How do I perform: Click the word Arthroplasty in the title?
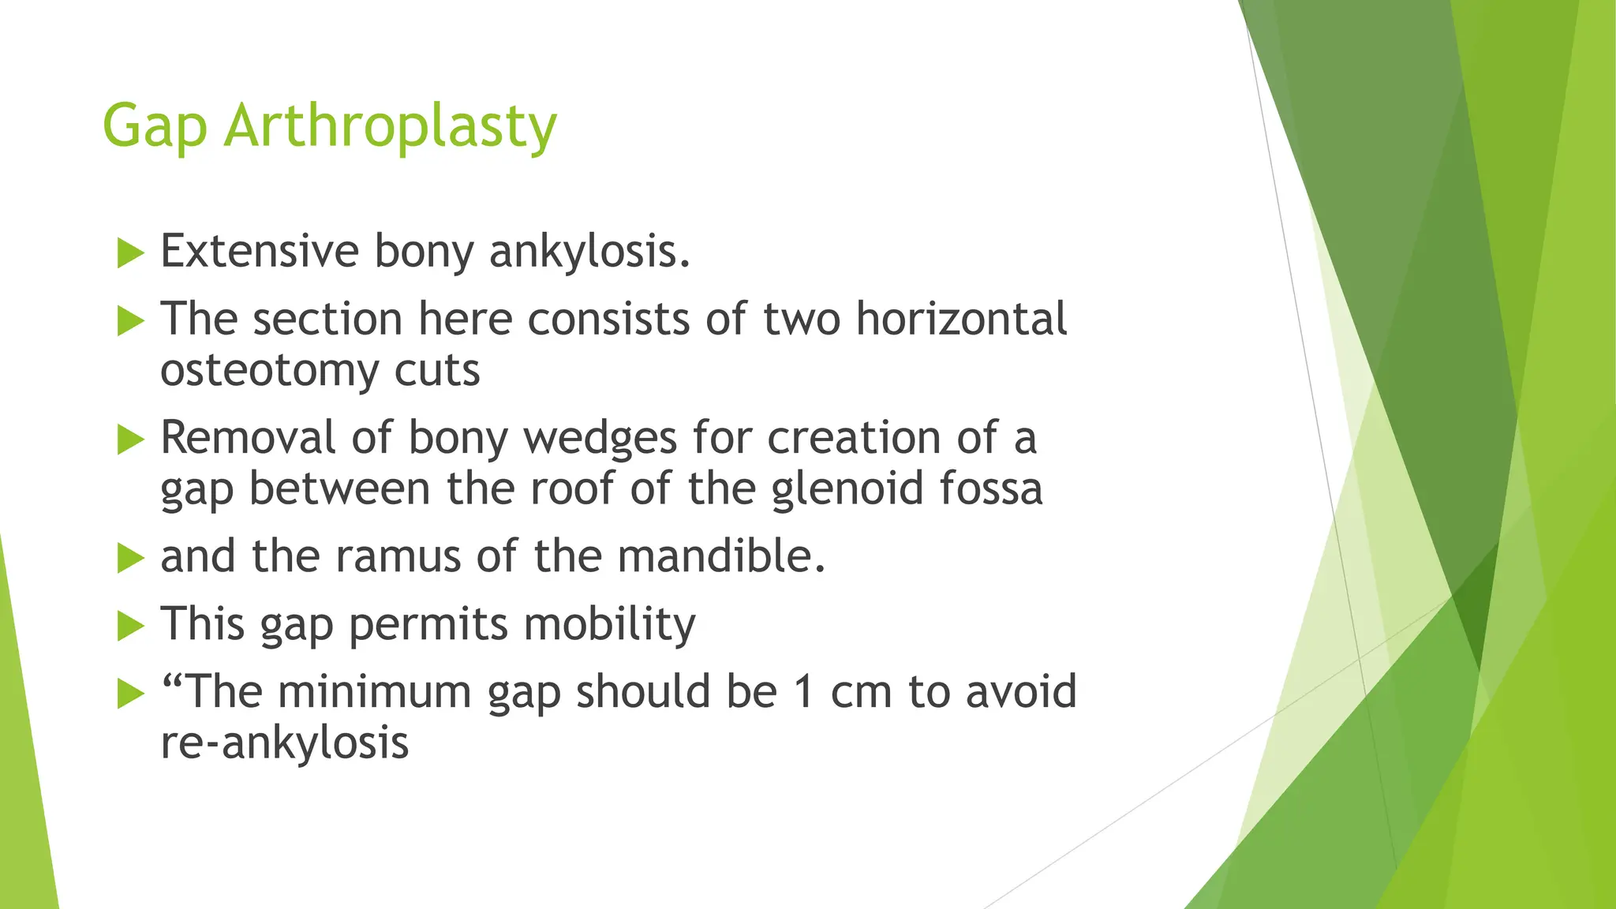pos(391,126)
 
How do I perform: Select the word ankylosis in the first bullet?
pos(589,252)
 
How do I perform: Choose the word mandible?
pos(721,556)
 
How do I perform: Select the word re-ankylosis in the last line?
pos(285,743)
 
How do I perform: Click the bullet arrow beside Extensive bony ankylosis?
pos(130,254)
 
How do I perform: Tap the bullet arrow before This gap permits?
pos(130,627)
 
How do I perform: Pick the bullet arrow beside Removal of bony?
pos(130,440)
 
